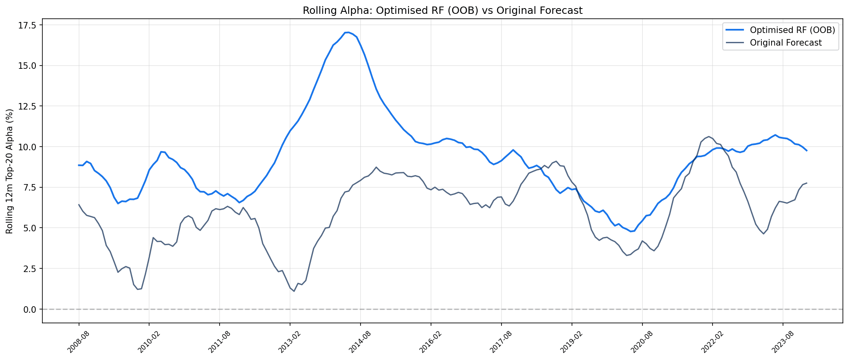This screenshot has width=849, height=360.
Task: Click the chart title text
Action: (442, 11)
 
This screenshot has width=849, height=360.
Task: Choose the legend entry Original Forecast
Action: (785, 43)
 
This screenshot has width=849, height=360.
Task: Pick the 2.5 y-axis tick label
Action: (30, 269)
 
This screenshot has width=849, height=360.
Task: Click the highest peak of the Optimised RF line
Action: (347, 32)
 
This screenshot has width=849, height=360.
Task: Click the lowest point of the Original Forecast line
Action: (294, 291)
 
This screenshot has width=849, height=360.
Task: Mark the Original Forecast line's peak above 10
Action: (709, 136)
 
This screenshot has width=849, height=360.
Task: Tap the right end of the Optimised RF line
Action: (807, 151)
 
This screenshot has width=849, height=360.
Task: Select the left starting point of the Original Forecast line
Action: (79, 204)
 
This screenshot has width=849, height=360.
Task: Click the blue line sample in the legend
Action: (735, 30)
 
